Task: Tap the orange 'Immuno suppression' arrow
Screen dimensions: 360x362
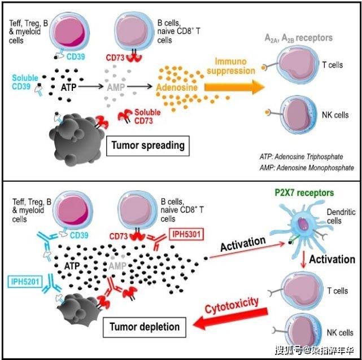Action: coord(233,85)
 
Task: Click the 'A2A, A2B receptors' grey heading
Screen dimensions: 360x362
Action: coord(299,38)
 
